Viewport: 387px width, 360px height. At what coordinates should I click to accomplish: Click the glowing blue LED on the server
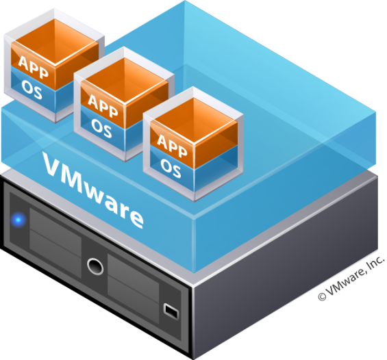[x=18, y=219]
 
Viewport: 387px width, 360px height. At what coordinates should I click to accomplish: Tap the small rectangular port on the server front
[x=171, y=311]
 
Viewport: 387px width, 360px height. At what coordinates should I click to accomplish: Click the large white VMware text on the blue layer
[x=92, y=190]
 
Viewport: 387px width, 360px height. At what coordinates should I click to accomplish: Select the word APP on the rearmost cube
[x=34, y=67]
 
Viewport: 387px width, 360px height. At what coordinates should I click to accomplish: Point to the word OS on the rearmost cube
[x=32, y=90]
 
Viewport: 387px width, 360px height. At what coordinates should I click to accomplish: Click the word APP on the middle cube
[x=103, y=106]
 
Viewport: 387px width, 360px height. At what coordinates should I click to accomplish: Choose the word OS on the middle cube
[x=101, y=129]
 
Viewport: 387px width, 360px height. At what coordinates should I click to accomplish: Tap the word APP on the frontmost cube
[x=173, y=146]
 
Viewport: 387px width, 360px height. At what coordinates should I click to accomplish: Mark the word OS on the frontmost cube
[x=171, y=168]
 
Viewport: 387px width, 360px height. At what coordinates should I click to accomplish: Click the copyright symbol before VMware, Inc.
[x=322, y=296]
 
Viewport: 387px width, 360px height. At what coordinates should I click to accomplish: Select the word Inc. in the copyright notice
[x=375, y=263]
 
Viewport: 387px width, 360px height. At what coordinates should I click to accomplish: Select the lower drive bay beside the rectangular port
[x=133, y=297]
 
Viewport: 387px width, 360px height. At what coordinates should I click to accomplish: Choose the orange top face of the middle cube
[x=125, y=80]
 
